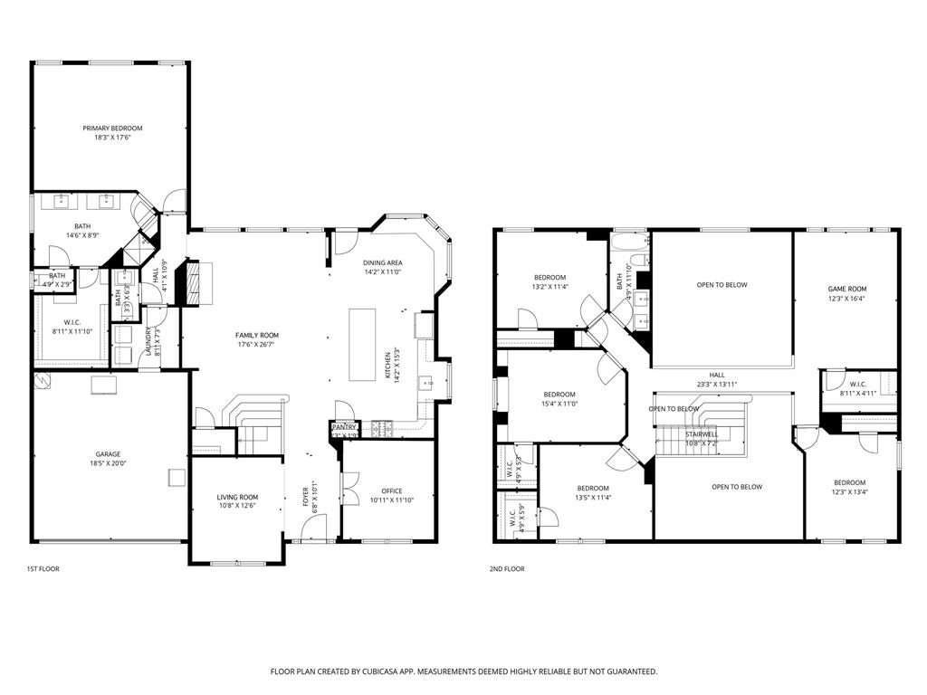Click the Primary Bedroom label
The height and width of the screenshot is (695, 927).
(112, 129)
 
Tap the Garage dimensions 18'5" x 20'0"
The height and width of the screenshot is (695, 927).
(109, 463)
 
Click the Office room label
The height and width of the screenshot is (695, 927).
(391, 491)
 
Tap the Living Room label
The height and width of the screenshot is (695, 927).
(237, 497)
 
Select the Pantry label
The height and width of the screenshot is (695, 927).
(344, 426)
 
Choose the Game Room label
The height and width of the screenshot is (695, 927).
(846, 289)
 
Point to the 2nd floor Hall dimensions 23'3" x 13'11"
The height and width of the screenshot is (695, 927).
(717, 385)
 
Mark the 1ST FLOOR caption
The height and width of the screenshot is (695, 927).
(43, 569)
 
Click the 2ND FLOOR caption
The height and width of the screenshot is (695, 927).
(507, 569)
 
